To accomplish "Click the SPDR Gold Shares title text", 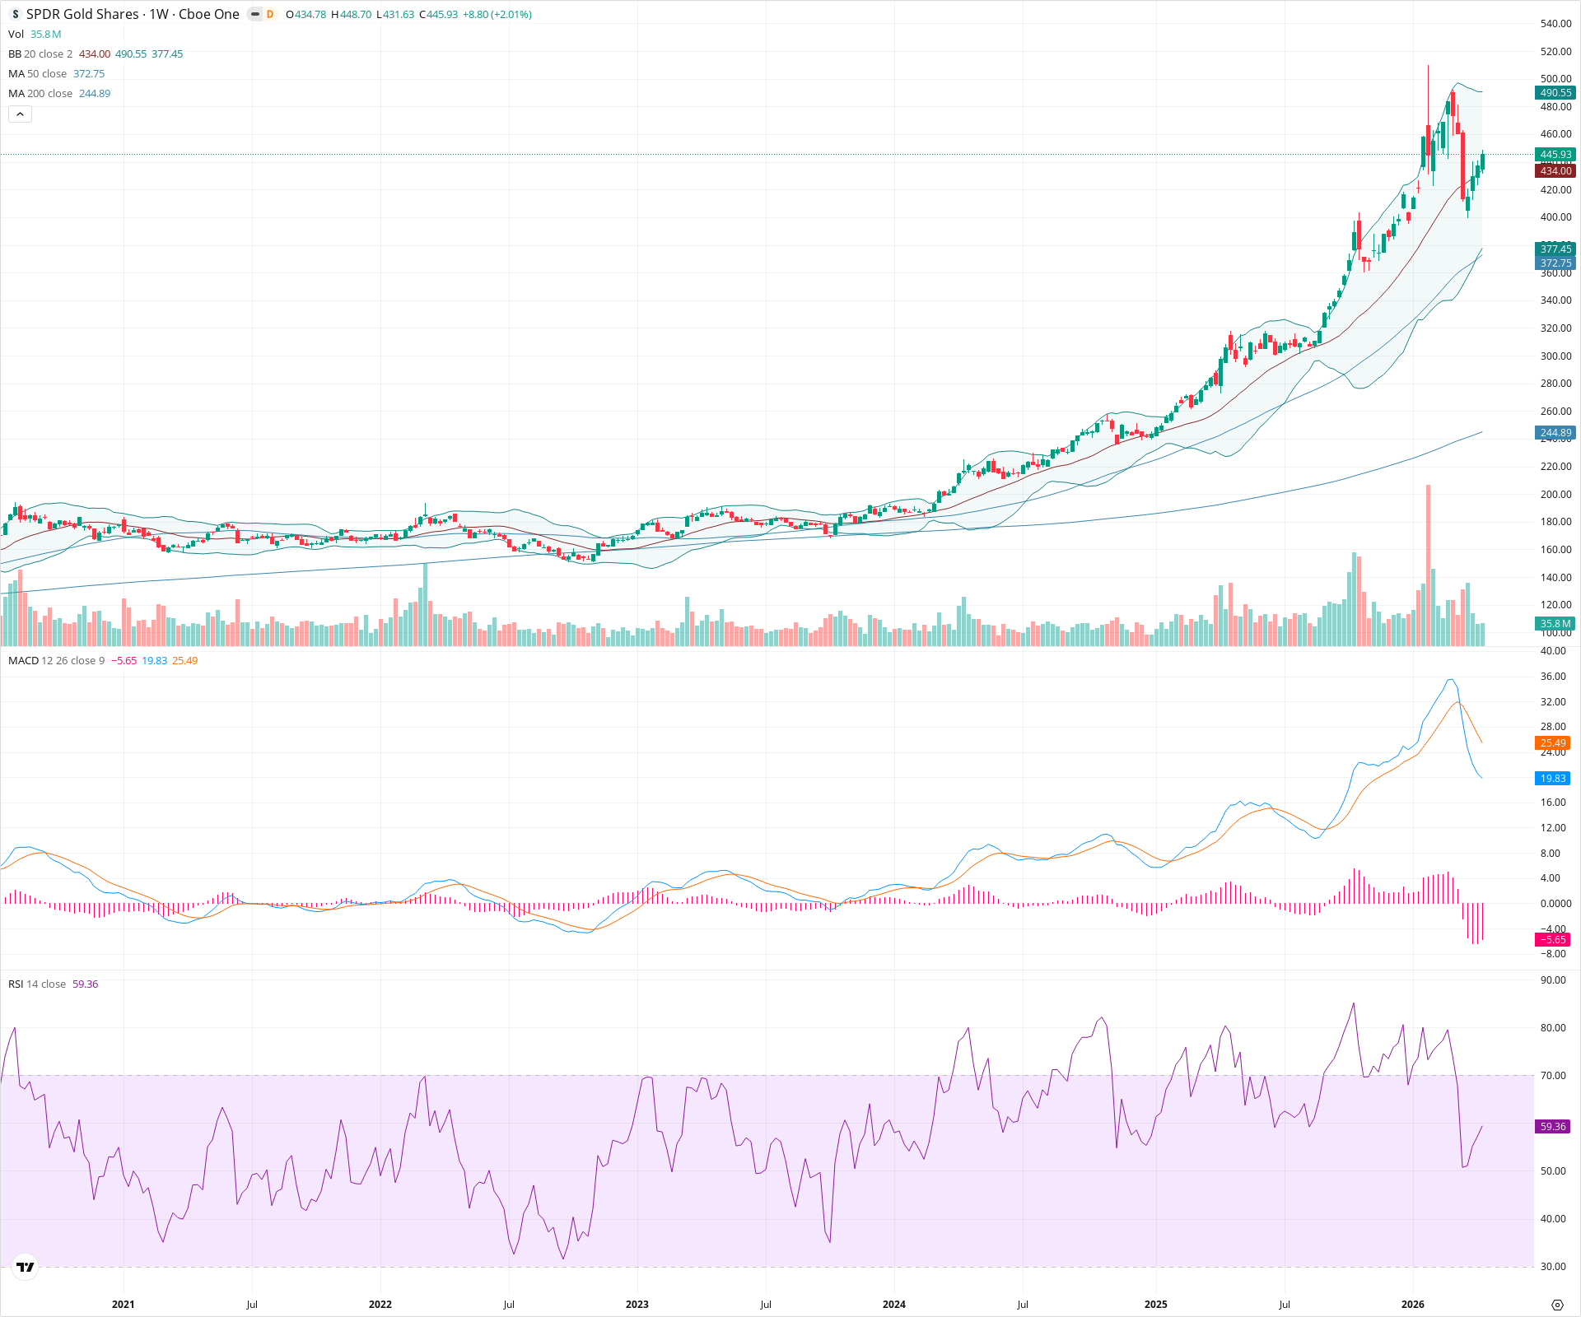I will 82,14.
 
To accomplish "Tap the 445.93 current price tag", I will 1555,155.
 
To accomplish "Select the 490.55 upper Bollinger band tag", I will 1555,93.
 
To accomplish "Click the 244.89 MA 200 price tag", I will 1555,433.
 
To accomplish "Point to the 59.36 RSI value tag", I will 1553,1126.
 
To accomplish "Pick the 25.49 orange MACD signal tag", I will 1553,743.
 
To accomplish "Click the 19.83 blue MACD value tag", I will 1553,779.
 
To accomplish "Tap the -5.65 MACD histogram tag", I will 1553,940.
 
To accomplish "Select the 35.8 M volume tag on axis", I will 1555,624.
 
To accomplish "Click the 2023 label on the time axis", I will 637,1305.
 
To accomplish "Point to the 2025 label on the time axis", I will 1155,1305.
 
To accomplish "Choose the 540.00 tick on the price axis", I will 1555,24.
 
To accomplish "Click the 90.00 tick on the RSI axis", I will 1553,980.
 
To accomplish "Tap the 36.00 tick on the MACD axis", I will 1553,677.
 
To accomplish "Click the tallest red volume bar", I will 1429,568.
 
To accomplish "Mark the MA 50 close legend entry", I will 38,74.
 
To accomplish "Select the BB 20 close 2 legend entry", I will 40,54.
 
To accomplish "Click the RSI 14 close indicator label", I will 37,984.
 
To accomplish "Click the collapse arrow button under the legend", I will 20,114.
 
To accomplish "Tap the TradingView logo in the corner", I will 26,1267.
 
